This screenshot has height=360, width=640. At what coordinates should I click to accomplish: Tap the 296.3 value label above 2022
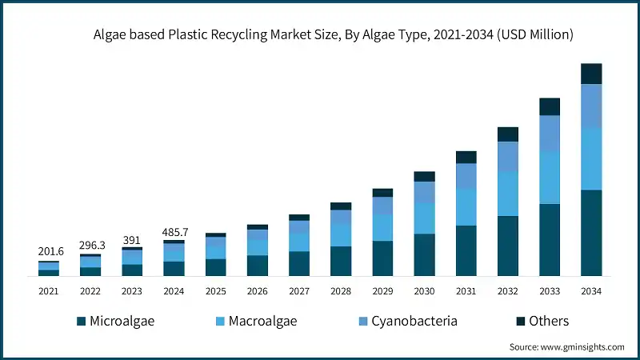pos(90,245)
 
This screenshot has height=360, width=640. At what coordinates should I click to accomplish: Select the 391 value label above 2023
pos(132,239)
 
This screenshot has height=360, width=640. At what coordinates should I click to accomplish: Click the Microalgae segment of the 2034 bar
pos(591,233)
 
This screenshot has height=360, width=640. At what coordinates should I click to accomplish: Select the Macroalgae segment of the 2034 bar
pos(591,158)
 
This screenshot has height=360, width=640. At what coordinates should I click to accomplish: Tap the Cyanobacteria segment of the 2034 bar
pos(591,106)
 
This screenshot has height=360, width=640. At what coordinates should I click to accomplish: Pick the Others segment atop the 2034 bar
pos(591,74)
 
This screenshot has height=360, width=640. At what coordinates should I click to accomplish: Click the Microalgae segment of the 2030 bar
pos(425,255)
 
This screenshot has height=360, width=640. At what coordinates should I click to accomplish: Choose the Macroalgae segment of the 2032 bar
pos(508,194)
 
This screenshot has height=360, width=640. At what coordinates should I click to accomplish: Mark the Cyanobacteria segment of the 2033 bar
pos(550,133)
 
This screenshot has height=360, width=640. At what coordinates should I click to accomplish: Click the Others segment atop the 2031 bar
pos(466,157)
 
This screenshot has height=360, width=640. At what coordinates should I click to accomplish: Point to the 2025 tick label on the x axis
pos(215,292)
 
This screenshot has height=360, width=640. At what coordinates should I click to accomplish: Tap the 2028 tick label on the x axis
pos(340,292)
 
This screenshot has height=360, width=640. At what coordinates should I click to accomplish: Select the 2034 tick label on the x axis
pos(591,292)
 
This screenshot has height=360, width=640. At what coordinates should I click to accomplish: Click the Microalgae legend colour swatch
pos(81,322)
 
